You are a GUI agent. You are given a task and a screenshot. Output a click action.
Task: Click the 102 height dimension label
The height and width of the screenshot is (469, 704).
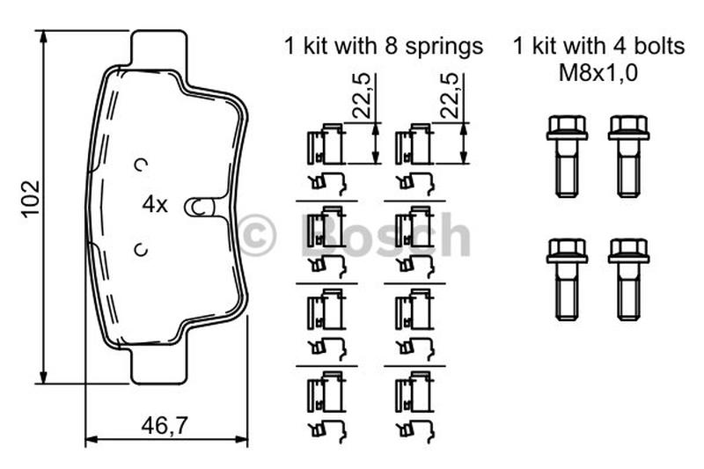32,199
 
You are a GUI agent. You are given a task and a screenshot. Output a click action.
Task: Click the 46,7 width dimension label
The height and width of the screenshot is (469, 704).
164,426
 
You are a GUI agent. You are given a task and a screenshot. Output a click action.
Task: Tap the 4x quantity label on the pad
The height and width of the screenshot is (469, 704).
155,205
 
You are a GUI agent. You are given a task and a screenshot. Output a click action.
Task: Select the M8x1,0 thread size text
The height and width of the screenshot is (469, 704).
598,73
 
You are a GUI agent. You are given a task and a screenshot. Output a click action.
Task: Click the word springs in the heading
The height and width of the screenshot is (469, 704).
444,48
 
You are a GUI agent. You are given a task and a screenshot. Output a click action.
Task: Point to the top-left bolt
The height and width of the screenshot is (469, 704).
567,157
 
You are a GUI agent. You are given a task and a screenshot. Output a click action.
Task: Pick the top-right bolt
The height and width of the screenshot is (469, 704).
628,157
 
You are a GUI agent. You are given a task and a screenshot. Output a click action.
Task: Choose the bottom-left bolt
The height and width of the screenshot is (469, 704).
567,280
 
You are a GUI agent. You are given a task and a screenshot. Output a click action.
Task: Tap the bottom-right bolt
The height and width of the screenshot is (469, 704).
628,280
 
